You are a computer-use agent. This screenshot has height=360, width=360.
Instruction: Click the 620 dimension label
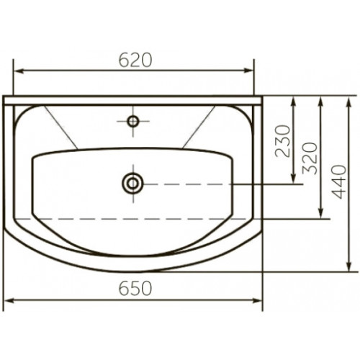(x=135, y=60)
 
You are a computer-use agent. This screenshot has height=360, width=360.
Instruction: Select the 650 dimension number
(x=135, y=288)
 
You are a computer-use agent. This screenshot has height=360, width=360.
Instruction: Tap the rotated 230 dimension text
(x=283, y=141)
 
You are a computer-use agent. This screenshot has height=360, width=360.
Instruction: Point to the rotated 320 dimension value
(x=310, y=158)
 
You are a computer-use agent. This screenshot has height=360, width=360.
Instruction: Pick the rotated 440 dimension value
(x=339, y=182)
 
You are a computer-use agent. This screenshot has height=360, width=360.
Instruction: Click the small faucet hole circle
(x=133, y=121)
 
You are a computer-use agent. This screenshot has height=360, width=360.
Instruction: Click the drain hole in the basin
(x=132, y=184)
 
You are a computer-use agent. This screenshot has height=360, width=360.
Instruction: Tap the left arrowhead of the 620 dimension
(x=19, y=71)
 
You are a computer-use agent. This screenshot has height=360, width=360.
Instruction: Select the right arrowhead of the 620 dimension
(x=249, y=71)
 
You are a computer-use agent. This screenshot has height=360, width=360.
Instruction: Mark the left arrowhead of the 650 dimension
(x=10, y=300)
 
